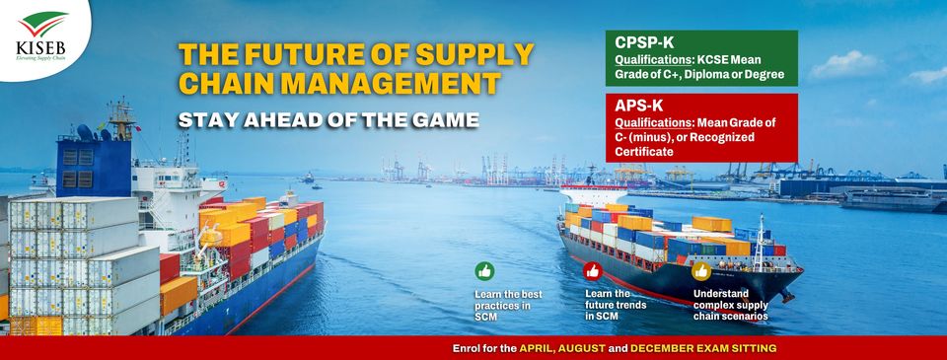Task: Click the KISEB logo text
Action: [41, 47]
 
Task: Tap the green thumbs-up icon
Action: [484, 271]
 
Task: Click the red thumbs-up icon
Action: [593, 271]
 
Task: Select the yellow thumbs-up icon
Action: [701, 271]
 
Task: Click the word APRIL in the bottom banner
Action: [537, 348]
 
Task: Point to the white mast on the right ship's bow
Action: [760, 243]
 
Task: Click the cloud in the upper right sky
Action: [846, 65]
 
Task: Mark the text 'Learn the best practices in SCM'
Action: [508, 305]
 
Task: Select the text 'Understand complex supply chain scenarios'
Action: [730, 305]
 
